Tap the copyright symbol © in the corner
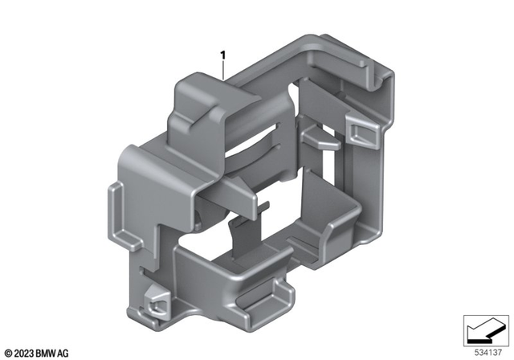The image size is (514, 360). click(x=8, y=352)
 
